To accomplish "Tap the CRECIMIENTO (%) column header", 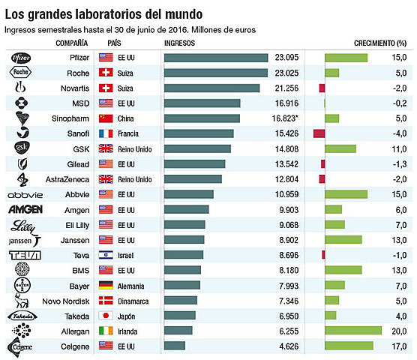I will pos(380,43).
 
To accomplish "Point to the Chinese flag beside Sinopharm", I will pos(105,118).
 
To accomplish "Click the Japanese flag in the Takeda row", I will pos(105,315).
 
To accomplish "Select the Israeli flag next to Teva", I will pos(105,254).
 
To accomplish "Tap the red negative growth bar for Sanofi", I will pos(319,133).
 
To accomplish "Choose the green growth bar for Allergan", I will pos(353,330).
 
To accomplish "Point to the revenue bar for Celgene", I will pos(174,345).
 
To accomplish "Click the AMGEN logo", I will pos(24,209).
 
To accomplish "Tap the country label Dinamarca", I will pos(135,300).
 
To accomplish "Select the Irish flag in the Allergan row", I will pos(105,330).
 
